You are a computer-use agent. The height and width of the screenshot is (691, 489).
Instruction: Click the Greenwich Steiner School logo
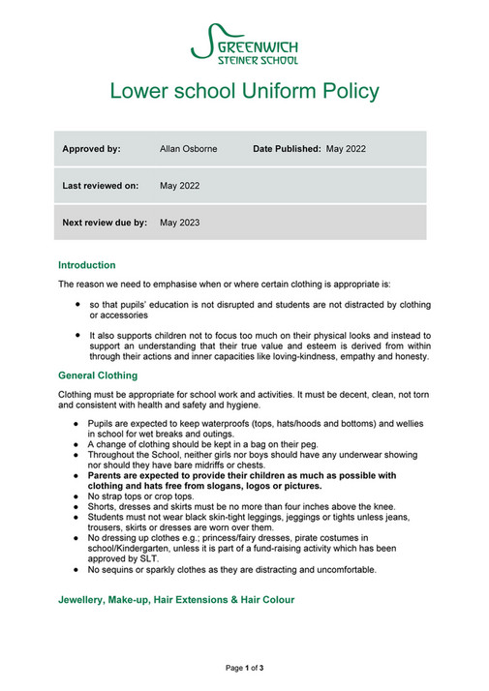point(244,43)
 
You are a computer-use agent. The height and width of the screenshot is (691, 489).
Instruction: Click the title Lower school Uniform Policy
point(244,92)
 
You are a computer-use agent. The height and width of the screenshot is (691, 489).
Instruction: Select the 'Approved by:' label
point(91,149)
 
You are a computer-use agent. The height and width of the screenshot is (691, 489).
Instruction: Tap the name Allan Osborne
point(188,149)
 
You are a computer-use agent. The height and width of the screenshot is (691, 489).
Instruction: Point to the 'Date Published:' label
point(288,149)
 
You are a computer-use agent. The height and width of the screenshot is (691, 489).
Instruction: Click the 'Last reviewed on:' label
point(100,185)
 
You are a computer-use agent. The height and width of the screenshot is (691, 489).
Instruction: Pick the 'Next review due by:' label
point(105,222)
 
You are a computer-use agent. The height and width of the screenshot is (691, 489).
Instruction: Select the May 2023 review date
point(179,222)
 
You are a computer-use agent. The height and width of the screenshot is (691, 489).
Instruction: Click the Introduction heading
point(86,264)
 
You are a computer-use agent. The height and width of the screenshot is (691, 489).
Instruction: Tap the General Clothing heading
point(98,375)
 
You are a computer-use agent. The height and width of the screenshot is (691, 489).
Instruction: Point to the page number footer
point(244,668)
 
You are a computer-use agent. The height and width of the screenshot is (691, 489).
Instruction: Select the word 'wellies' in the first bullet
point(416,424)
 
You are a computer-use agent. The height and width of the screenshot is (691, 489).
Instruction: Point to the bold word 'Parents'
point(108,475)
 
